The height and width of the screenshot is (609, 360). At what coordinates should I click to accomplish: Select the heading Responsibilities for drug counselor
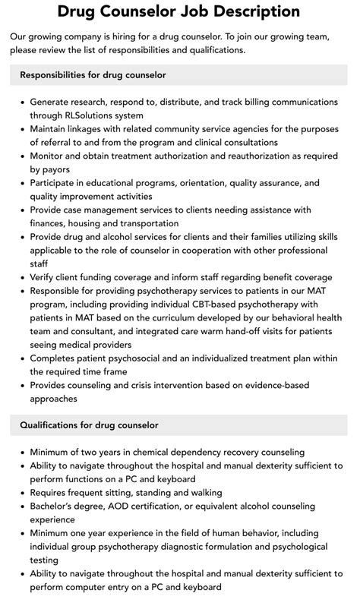click(93, 75)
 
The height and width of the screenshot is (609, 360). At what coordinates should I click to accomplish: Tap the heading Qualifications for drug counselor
click(89, 424)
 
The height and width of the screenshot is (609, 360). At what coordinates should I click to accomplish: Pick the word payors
click(50, 169)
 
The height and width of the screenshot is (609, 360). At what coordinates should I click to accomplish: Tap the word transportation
click(148, 223)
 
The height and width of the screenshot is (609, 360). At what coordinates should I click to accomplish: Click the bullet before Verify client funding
click(22, 278)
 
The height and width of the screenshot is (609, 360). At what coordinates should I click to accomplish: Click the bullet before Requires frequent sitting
click(22, 493)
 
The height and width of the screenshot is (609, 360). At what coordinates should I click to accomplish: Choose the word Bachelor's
click(55, 506)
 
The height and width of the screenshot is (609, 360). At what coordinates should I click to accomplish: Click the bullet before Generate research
click(22, 101)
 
